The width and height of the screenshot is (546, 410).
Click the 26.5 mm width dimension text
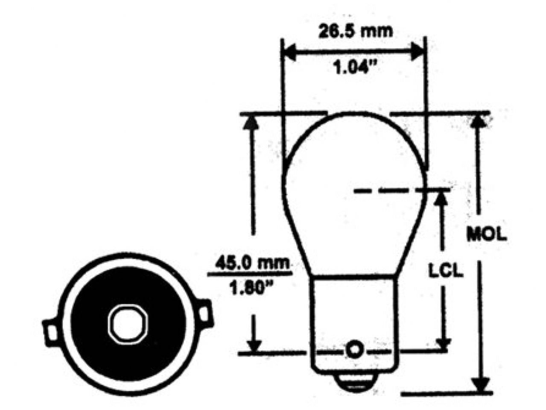tap(355, 31)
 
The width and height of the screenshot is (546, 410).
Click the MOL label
tap(486, 234)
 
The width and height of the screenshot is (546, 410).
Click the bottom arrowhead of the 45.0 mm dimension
tap(254, 345)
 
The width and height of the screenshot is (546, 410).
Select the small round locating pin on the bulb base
tap(353, 350)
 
